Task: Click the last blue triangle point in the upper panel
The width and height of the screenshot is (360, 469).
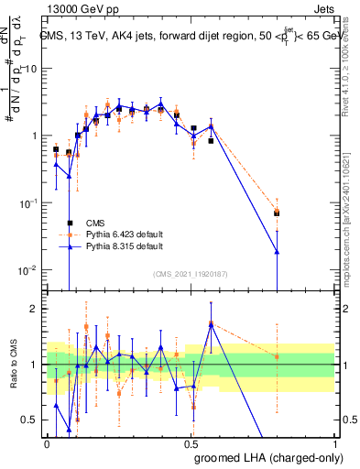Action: tap(277, 251)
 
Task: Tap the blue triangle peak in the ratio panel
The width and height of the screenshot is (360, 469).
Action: tap(211, 323)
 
